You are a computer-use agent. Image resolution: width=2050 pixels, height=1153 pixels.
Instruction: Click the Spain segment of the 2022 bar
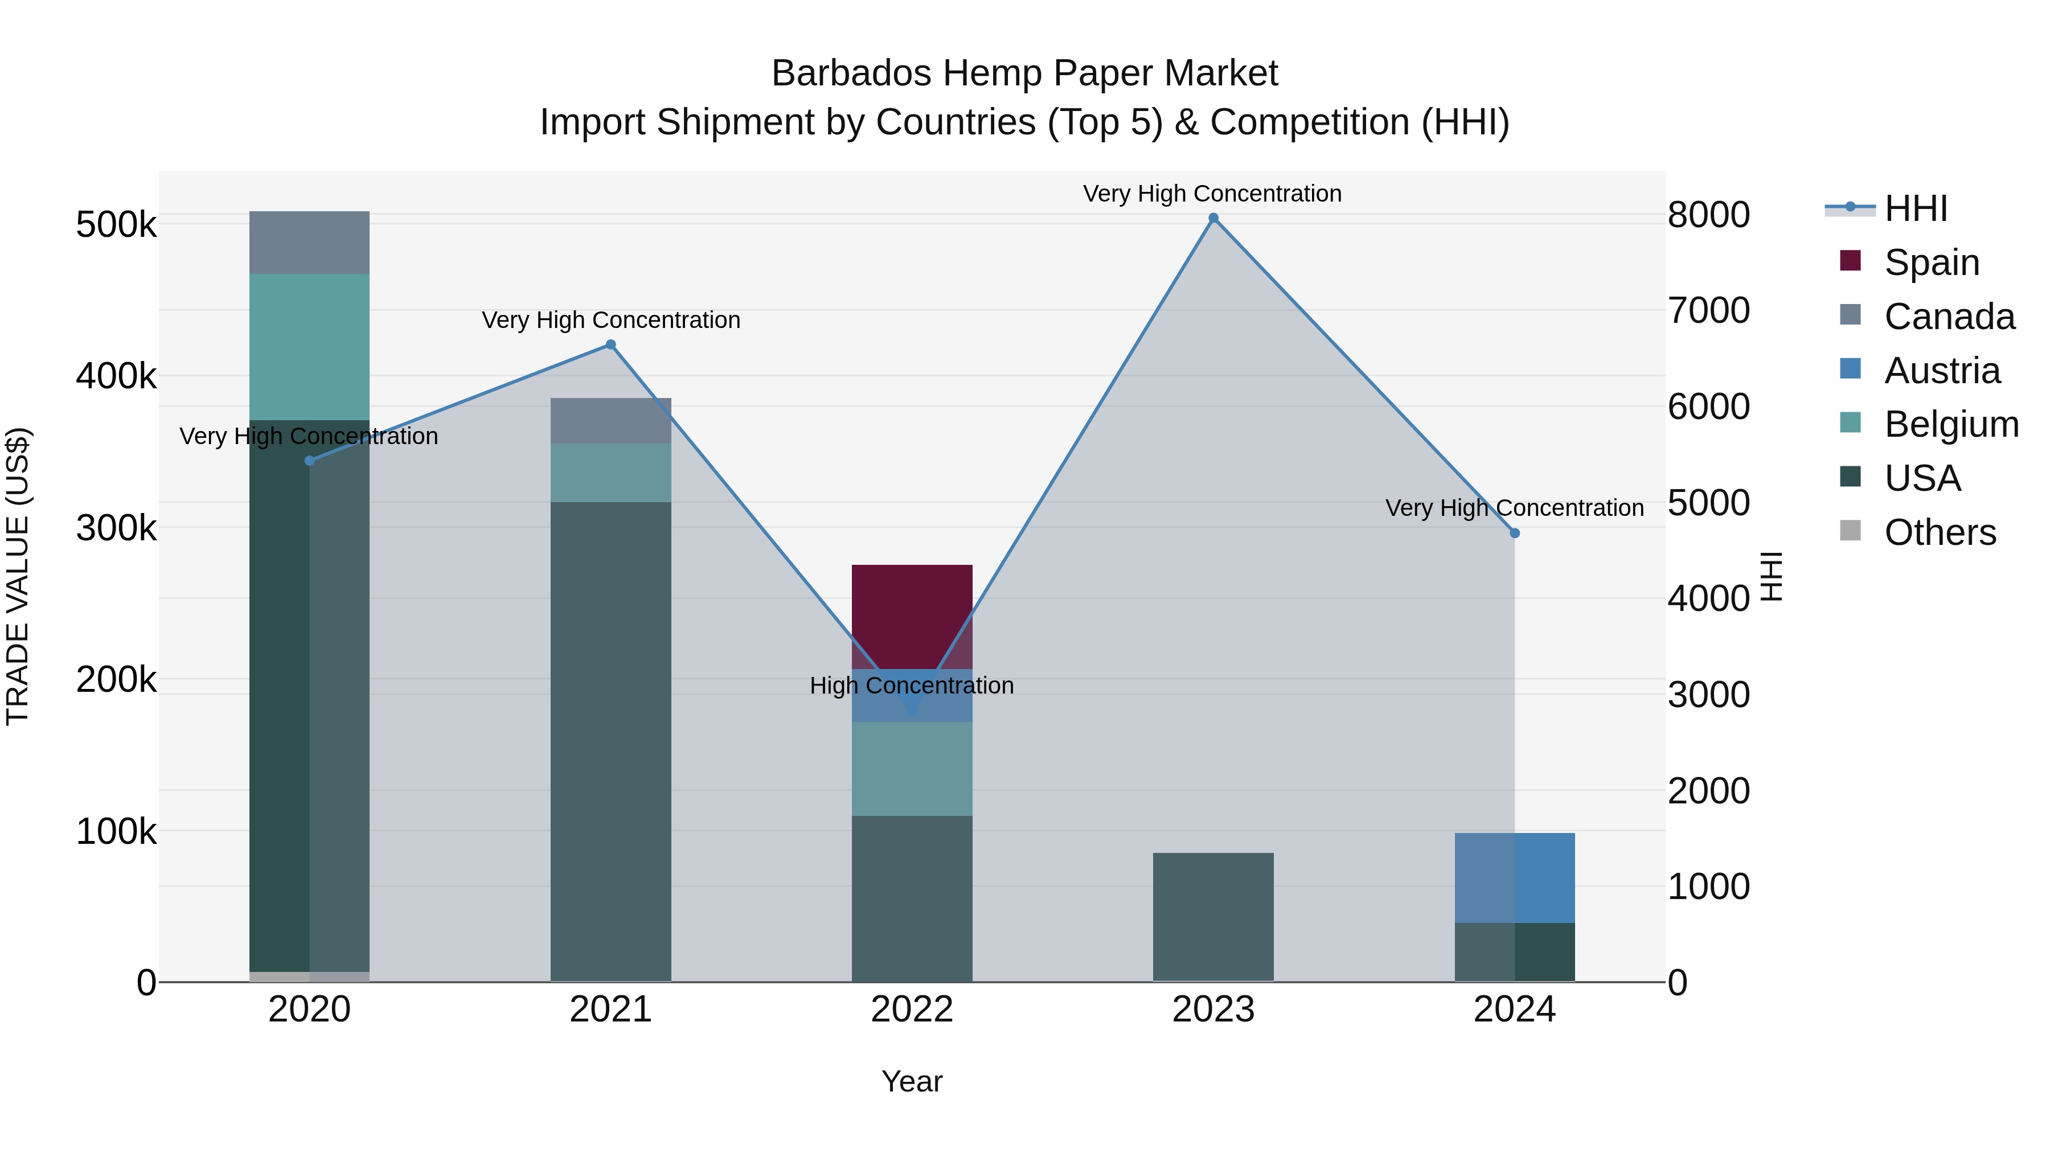pyautogui.click(x=912, y=617)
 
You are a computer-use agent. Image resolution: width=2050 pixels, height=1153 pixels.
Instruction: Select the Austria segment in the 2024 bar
pyautogui.click(x=1514, y=877)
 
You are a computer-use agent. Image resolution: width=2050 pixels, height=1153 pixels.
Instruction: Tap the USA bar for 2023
pyautogui.click(x=1213, y=917)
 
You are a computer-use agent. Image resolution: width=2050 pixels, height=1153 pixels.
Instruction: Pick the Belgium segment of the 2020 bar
pyautogui.click(x=310, y=347)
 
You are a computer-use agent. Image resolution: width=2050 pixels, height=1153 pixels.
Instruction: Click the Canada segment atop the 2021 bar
pyautogui.click(x=610, y=420)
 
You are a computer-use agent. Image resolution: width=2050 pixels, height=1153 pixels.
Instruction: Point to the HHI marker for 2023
pyautogui.click(x=1213, y=218)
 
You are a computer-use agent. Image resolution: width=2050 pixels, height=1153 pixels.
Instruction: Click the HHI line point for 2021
pyautogui.click(x=610, y=344)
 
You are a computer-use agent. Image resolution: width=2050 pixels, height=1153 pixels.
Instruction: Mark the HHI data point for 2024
pyautogui.click(x=1514, y=533)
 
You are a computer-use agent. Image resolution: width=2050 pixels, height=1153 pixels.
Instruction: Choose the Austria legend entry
pyautogui.click(x=1941, y=370)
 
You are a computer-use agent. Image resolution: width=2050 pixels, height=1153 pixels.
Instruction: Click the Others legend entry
pyautogui.click(x=1940, y=532)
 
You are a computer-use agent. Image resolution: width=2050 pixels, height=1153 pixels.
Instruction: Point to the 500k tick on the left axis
pyautogui.click(x=116, y=224)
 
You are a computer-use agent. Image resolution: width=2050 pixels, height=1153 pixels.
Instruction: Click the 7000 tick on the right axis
pyautogui.click(x=1708, y=310)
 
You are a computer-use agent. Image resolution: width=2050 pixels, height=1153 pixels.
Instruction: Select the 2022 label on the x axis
pyautogui.click(x=912, y=1009)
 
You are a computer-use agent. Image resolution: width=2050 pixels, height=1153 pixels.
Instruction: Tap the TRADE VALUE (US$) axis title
pyautogui.click(x=18, y=576)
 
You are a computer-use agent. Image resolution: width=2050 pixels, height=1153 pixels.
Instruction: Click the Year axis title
pyautogui.click(x=912, y=1081)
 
